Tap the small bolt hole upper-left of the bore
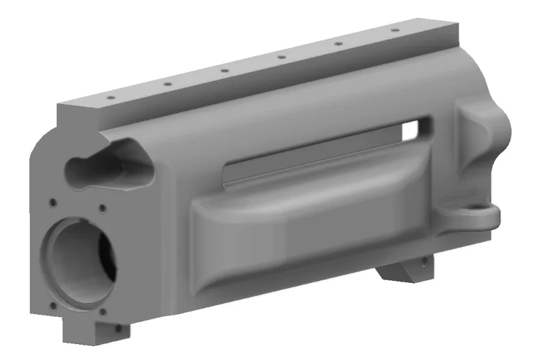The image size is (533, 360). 53,203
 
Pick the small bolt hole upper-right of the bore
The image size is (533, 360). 102,207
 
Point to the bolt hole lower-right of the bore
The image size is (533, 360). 103,312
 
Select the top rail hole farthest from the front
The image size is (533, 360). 394,31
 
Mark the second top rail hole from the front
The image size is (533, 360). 167,85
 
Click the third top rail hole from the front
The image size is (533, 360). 225,71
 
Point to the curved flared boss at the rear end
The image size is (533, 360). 486,139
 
